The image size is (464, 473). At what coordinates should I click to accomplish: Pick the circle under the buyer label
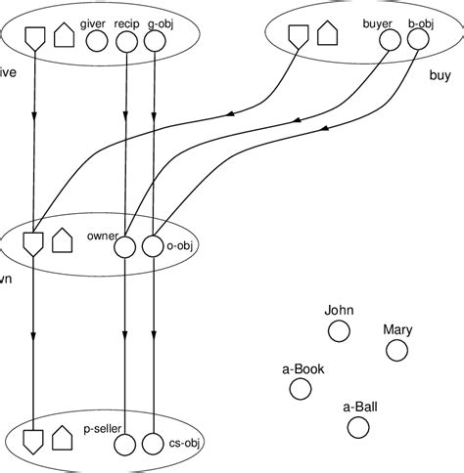(x=391, y=41)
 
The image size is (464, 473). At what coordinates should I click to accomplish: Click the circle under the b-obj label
(x=419, y=41)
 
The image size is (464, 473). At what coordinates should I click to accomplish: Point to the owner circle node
(x=125, y=247)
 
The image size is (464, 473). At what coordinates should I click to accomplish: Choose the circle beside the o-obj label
(x=153, y=247)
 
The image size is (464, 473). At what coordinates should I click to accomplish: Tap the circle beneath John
(x=339, y=332)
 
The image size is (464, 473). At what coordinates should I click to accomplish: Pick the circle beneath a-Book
(x=301, y=389)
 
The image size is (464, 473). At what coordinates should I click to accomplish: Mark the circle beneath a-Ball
(x=358, y=427)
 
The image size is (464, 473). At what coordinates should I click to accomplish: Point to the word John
(x=339, y=311)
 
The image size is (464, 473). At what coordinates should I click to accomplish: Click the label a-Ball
(x=361, y=406)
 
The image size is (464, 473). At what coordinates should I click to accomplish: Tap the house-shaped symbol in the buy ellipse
(x=326, y=37)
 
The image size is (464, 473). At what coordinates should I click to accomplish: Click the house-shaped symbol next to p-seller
(x=63, y=437)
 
